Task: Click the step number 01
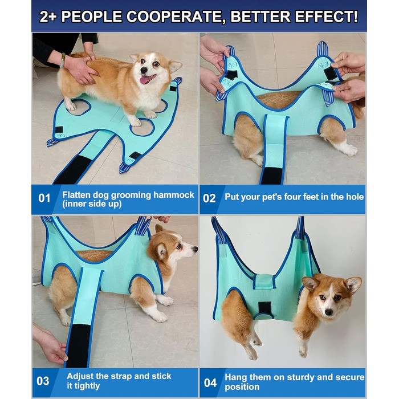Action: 44,198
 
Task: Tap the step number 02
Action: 209,198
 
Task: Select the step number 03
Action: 43,381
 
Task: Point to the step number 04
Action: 210,382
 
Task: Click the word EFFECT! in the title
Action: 327,17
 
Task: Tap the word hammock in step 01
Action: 173,195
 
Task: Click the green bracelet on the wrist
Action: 62,60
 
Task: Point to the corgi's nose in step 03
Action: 196,249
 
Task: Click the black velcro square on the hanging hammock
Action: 265,307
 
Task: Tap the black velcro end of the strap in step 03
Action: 79,345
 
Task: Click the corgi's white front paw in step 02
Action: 349,150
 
